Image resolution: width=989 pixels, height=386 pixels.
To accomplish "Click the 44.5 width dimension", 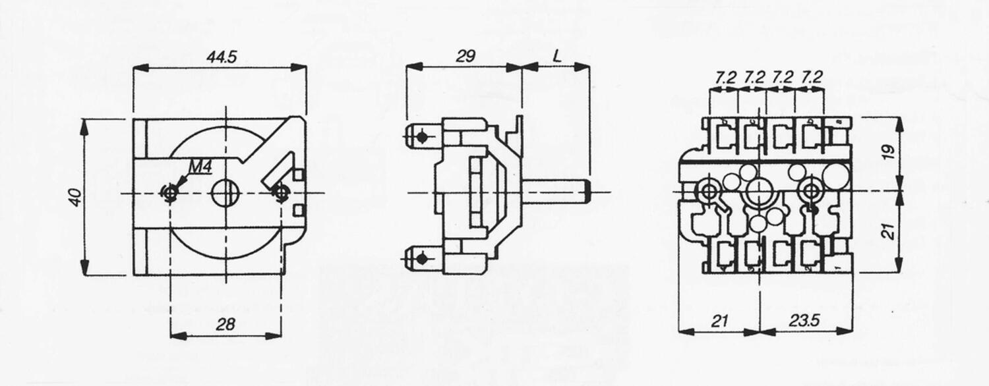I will (x=221, y=57).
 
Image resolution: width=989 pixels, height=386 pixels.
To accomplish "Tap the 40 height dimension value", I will (x=76, y=197).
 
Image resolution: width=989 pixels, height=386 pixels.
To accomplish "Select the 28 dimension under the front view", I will (x=225, y=324).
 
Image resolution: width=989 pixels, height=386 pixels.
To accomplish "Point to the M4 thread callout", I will (x=199, y=167).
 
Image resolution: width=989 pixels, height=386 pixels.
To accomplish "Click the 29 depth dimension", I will (x=465, y=57).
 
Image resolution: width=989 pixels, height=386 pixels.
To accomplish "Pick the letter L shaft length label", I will (x=557, y=57).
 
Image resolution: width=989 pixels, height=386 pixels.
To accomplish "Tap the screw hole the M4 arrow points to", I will (x=171, y=192).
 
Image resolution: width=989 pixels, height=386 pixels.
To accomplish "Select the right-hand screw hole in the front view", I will (x=281, y=192).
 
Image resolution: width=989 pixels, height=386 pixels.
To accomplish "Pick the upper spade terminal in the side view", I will (x=418, y=138).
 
